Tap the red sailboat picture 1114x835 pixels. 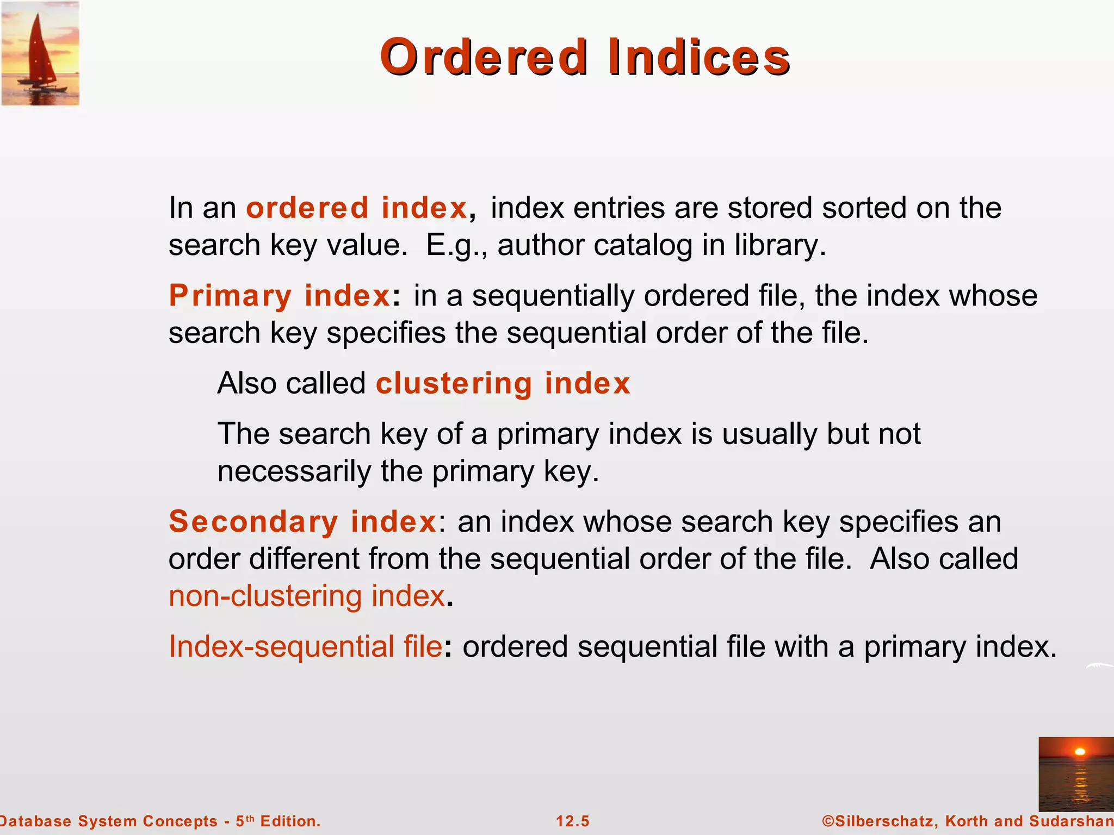click(40, 53)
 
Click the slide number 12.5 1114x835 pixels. click(572, 821)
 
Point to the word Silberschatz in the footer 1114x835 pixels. click(883, 821)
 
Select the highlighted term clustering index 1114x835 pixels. click(503, 383)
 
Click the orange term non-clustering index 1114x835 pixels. click(307, 596)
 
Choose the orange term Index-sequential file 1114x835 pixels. click(305, 647)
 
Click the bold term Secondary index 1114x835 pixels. click(302, 522)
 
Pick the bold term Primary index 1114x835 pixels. click(279, 296)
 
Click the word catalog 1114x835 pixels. click(642, 245)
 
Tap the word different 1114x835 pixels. click(304, 559)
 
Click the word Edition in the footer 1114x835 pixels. click(289, 821)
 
